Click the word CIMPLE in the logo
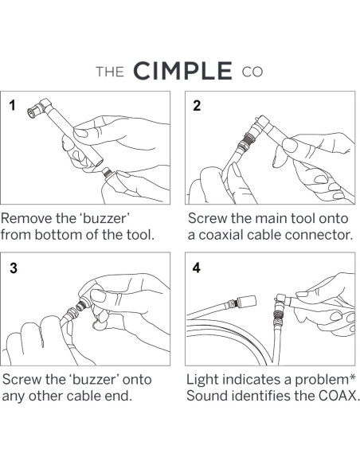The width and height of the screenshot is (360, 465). coord(182,71)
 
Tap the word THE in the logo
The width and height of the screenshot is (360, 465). coord(110,72)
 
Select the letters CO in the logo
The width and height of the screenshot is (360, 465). coord(252,72)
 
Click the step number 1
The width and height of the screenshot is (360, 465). coord(12,105)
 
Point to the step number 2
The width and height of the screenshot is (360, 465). coord(197,106)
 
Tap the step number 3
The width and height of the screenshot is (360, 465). coord(14,268)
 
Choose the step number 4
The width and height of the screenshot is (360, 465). coord(196,268)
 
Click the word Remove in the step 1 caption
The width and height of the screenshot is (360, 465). coord(26,218)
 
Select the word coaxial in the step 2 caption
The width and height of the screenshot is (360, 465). coord(221,235)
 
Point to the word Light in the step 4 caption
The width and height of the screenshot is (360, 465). coord(202,380)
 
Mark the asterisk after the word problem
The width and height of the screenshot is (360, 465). coord(352,377)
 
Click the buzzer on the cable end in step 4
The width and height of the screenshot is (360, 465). coord(246,301)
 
